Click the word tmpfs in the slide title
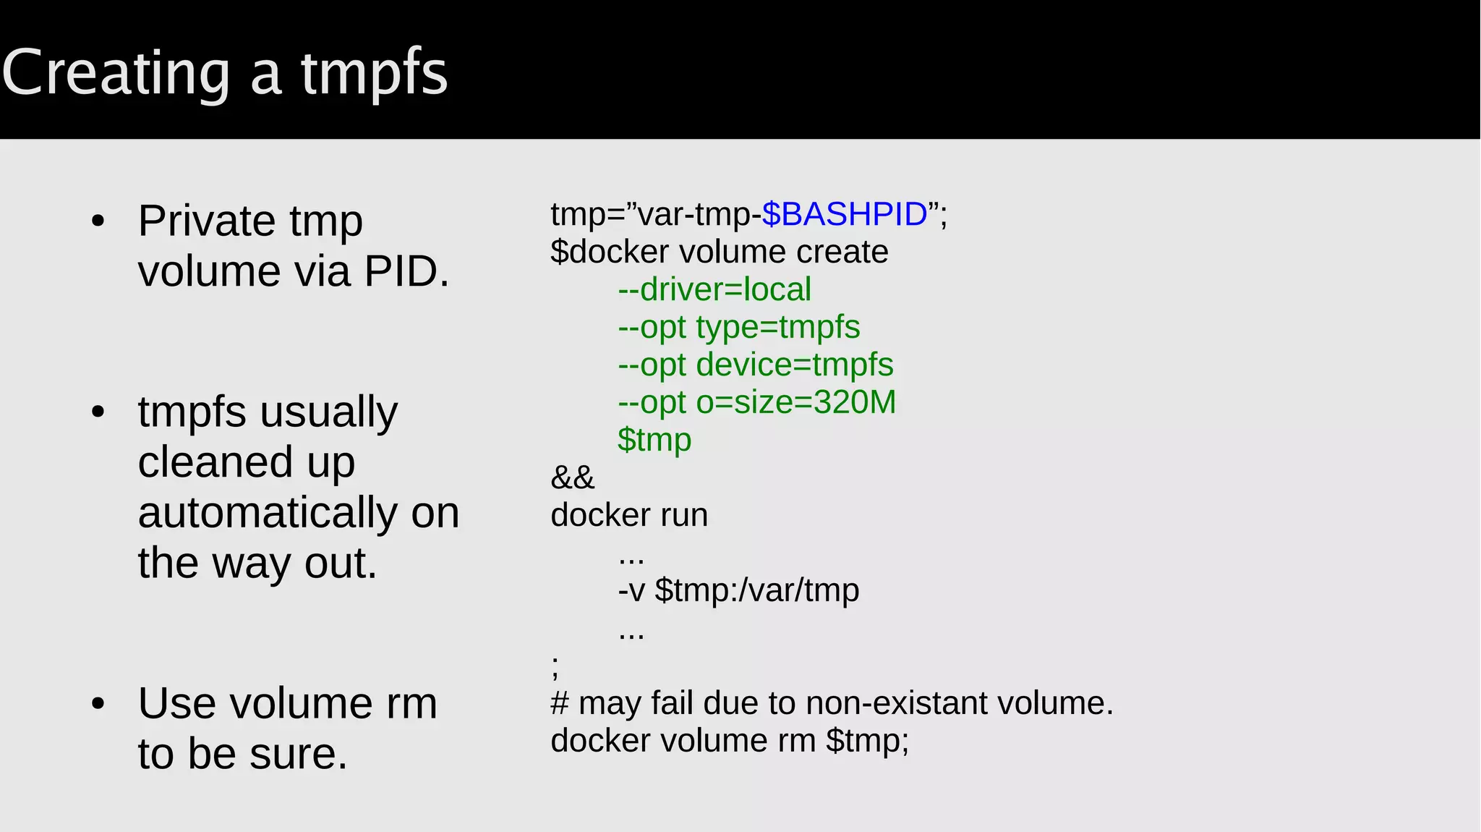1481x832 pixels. [375, 74]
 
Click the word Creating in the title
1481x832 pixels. [116, 74]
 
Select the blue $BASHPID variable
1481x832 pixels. [844, 214]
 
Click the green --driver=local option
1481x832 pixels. [714, 289]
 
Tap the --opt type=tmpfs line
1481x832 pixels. [738, 327]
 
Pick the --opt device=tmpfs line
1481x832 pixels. [755, 365]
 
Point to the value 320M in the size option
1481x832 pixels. [855, 402]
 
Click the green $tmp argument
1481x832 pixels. [654, 440]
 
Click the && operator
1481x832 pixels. [572, 477]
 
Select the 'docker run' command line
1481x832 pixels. [629, 515]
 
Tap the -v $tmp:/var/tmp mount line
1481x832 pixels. [738, 590]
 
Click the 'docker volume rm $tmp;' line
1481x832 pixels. [729, 741]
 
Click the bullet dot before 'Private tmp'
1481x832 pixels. [98, 221]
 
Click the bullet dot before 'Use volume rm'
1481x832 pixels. [98, 703]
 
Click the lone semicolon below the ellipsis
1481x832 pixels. [555, 666]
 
